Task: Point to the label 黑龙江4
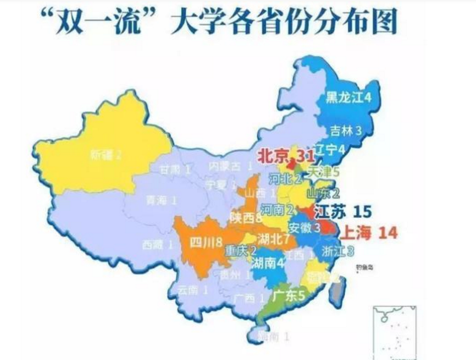[x=349, y=97]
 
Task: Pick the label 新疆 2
[x=106, y=155]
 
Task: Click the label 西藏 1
[x=157, y=244]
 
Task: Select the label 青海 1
[x=161, y=200]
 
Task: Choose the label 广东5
[x=289, y=296]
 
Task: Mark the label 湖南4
[x=268, y=263]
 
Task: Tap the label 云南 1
[x=193, y=290]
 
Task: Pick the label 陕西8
[x=246, y=217]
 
